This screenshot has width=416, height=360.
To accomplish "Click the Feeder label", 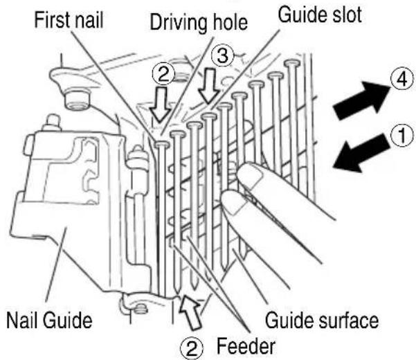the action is coord(246,346).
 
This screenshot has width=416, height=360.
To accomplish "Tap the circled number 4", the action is coord(402,78).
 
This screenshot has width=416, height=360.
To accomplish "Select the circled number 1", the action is coord(402,135).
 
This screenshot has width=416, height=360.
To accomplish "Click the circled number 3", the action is coord(222,56).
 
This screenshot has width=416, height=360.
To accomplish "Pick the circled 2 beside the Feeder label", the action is coord(192,348).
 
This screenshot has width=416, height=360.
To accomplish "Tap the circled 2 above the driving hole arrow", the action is coord(163,74).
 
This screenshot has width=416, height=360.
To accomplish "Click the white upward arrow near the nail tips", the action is coord(190,312).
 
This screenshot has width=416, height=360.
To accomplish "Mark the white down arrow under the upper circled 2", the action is coord(160,105).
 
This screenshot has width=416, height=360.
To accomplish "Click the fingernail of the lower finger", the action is coord(235,202).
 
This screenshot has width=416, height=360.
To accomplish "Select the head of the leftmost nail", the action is coord(162,144).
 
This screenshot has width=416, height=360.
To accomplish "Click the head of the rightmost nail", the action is coord(292,63).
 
